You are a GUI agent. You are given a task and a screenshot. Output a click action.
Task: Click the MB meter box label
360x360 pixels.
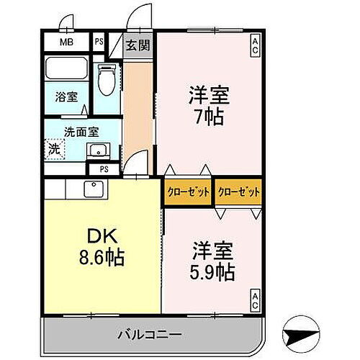click(66, 42)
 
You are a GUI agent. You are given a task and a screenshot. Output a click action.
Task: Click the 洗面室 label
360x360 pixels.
click(81, 132)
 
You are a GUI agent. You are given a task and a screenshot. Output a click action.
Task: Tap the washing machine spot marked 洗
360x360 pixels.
click(55, 150)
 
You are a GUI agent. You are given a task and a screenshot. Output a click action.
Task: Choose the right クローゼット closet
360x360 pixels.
click(238, 192)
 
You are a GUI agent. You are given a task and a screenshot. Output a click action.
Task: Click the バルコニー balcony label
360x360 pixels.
click(150, 334)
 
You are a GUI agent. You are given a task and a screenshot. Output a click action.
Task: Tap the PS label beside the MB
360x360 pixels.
click(99, 42)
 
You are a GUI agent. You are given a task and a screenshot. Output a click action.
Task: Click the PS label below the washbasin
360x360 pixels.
click(104, 168)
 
